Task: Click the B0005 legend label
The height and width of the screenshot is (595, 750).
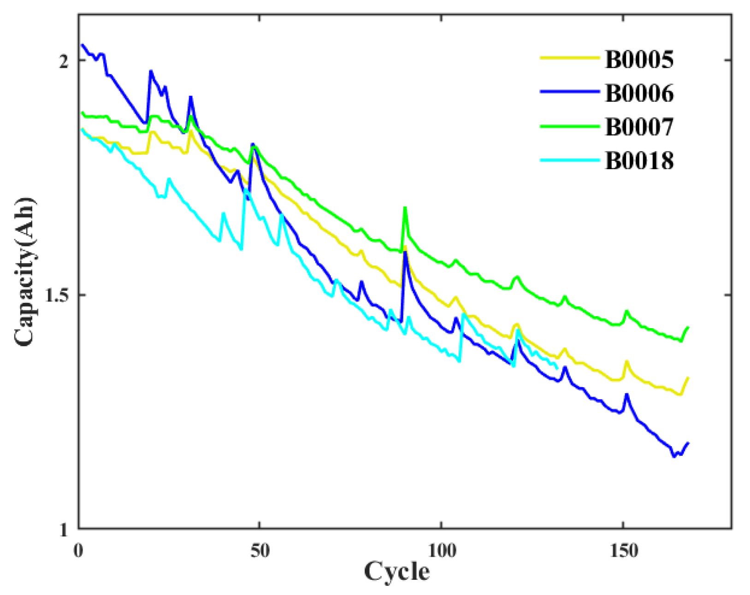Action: pyautogui.click(x=639, y=59)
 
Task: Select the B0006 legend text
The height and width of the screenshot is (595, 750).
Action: pyautogui.click(x=639, y=93)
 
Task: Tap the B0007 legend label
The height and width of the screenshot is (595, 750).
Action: pyautogui.click(x=639, y=127)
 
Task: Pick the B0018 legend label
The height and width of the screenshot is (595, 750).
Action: pyautogui.click(x=639, y=161)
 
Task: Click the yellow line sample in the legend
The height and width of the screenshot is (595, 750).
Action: pyautogui.click(x=570, y=58)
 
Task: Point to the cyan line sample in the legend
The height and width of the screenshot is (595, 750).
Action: pyautogui.click(x=570, y=160)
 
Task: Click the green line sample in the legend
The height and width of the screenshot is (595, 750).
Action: pyautogui.click(x=570, y=126)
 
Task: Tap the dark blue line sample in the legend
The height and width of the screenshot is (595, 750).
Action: pyautogui.click(x=570, y=92)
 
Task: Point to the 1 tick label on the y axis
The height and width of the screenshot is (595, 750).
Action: pyautogui.click(x=64, y=530)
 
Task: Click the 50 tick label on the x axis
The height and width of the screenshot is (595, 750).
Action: pyautogui.click(x=260, y=551)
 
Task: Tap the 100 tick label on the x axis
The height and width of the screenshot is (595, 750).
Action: pyautogui.click(x=442, y=551)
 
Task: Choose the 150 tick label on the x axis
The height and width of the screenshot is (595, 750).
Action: pyautogui.click(x=623, y=551)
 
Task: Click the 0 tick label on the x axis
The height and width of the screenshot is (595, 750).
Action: pyautogui.click(x=78, y=551)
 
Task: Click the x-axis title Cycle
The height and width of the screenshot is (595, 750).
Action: pyautogui.click(x=396, y=572)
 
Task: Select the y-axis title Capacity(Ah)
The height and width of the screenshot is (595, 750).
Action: pyautogui.click(x=24, y=272)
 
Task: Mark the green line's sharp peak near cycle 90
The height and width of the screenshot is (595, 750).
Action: pyautogui.click(x=405, y=208)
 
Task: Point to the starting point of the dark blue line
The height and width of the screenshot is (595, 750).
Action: pyautogui.click(x=82, y=45)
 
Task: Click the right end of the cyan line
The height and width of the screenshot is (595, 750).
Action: pyautogui.click(x=557, y=368)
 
